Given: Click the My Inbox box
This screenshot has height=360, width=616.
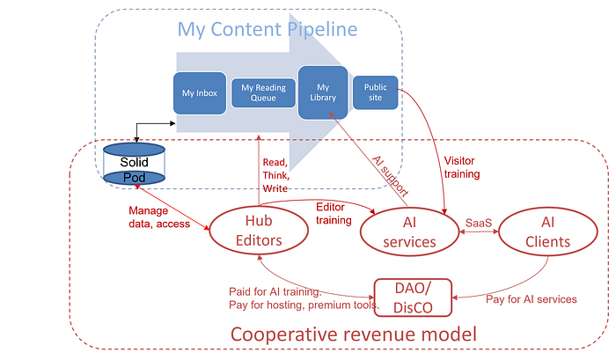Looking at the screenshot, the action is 200,93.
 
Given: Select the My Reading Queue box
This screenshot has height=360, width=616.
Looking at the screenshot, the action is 263,92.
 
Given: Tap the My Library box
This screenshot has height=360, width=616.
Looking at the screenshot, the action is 323,92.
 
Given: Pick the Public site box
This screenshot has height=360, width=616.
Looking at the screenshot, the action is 375,92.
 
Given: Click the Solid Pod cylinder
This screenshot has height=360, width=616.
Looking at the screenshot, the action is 134,164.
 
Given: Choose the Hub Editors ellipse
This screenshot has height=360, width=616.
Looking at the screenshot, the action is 259,231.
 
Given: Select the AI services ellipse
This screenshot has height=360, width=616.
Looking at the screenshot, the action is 409,231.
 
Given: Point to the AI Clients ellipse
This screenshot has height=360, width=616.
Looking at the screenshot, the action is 547,231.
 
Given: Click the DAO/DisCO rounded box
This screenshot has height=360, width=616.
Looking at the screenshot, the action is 413,298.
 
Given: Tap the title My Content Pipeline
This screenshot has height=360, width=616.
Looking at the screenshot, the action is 268,29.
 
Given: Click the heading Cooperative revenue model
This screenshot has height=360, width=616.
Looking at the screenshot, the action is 353,334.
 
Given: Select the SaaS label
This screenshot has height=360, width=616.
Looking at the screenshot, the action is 479,223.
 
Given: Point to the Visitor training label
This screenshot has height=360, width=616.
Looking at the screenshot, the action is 462,167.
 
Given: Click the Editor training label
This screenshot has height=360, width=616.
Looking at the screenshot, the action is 334,213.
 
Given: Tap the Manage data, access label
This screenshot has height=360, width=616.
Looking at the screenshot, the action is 159,217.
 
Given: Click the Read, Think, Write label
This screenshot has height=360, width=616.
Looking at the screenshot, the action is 275,175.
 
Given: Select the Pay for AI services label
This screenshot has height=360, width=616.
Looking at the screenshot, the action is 532,299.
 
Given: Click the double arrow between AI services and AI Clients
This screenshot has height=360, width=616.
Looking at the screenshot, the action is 479,231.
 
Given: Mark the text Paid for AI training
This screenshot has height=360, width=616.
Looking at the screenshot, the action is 275,291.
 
